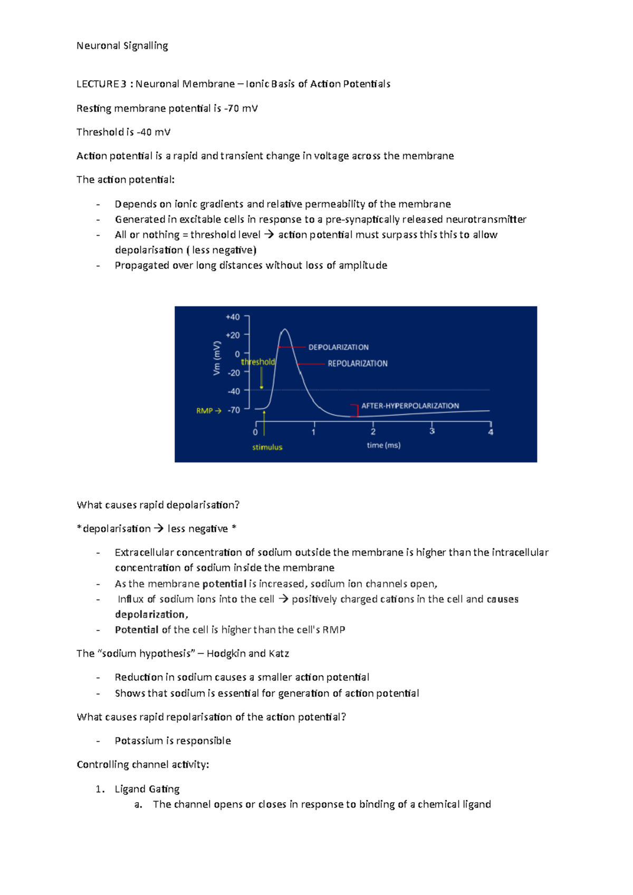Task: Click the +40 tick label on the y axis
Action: (233, 317)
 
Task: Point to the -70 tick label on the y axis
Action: (234, 410)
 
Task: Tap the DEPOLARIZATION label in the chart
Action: (338, 347)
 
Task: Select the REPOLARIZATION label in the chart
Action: (357, 364)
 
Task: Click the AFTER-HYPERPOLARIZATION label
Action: (410, 406)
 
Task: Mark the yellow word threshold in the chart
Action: (258, 362)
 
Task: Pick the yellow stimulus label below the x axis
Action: (267, 447)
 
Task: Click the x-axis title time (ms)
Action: (383, 445)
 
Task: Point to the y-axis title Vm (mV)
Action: (217, 358)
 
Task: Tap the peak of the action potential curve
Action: (285, 329)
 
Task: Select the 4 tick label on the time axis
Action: (491, 432)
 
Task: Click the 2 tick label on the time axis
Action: (373, 432)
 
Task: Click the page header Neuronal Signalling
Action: (122, 46)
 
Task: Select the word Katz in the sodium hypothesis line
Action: (279, 654)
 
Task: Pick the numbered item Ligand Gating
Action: (147, 789)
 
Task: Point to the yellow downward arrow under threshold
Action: (261, 378)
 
